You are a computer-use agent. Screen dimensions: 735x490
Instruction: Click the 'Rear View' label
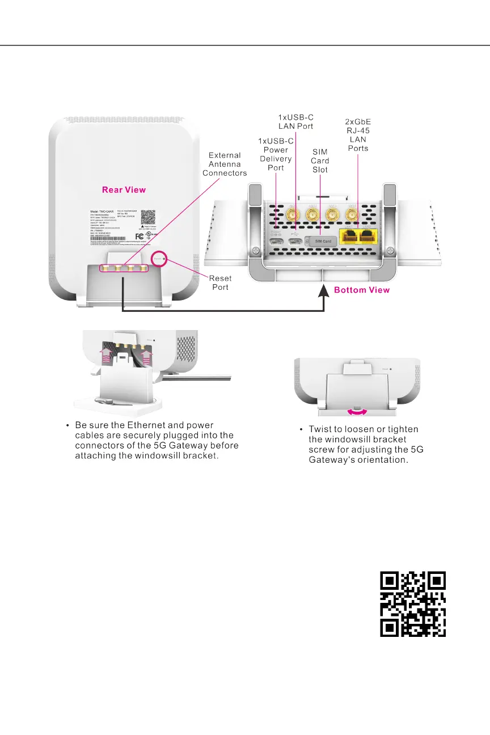(124, 189)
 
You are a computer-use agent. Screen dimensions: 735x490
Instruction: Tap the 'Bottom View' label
(362, 290)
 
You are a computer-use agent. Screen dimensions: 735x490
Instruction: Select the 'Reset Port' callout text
(220, 283)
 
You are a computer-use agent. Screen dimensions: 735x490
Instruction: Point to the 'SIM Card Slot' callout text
(320, 161)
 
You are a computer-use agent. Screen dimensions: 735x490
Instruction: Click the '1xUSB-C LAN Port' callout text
(295, 121)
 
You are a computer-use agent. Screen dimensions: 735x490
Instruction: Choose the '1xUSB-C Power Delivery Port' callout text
(276, 154)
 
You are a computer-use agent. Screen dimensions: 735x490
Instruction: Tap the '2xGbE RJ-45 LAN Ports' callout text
(358, 135)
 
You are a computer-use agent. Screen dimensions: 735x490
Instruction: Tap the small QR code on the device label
(148, 217)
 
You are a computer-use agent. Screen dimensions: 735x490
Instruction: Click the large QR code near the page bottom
(412, 604)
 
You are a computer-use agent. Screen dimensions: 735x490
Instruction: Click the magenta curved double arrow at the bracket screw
(356, 409)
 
